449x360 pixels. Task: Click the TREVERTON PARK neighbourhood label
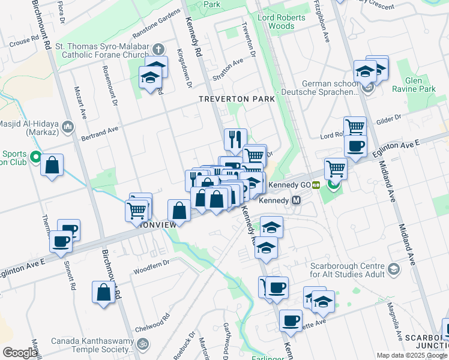pos(237,98)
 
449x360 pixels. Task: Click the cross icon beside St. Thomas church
pos(158,49)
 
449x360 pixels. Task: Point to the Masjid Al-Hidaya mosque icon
pos(68,127)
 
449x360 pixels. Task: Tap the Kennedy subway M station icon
pos(296,200)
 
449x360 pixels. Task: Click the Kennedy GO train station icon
pos(315,185)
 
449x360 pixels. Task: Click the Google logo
pos(20,353)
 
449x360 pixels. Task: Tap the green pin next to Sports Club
pos(35,158)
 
